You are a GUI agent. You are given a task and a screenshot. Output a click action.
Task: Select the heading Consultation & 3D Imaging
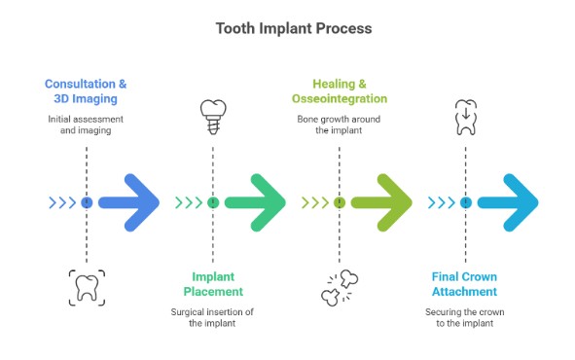point(87,91)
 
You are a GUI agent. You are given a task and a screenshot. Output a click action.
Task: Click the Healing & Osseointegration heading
point(340,91)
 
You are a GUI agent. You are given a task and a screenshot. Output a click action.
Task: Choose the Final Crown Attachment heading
point(465,283)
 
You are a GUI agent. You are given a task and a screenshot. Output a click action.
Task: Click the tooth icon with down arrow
point(466,118)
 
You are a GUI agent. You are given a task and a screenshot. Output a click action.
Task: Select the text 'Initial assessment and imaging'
point(87,126)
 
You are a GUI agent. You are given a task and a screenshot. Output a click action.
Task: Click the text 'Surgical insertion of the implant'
point(213,317)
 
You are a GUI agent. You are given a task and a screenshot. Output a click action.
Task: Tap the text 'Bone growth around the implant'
point(340,126)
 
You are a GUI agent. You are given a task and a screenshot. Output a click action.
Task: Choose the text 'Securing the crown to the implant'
point(466,317)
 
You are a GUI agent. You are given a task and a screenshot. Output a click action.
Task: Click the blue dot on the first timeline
point(87,202)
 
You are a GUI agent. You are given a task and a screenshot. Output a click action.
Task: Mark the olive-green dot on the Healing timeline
point(340,202)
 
